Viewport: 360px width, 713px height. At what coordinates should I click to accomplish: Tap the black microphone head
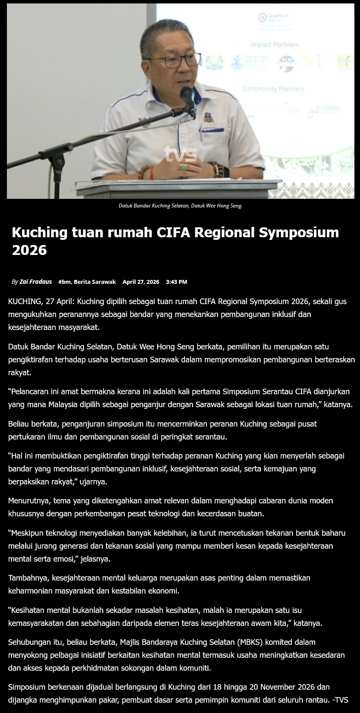(188, 97)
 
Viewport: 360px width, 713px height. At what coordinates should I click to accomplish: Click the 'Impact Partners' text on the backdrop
(274, 44)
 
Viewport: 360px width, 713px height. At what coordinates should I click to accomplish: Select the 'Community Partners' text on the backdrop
(273, 89)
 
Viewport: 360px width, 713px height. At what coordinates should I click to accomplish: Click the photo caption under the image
(180, 206)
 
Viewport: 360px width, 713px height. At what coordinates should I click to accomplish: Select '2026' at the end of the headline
(29, 250)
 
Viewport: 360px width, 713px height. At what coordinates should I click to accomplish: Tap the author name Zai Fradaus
(36, 282)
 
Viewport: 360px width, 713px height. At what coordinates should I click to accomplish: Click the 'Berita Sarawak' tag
(95, 282)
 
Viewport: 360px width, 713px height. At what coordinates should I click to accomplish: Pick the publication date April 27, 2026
(141, 282)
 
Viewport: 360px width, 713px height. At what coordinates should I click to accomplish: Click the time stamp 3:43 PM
(176, 282)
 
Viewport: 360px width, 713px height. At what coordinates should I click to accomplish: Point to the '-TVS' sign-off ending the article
(340, 700)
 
